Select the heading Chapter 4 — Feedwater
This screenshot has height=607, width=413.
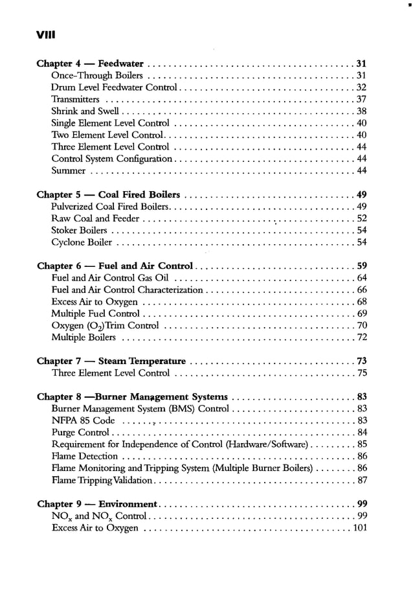(x=91, y=63)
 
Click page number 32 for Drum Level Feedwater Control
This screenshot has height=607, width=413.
(x=362, y=87)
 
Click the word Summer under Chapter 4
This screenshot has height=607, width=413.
(x=68, y=171)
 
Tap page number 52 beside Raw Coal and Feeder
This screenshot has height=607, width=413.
(x=362, y=219)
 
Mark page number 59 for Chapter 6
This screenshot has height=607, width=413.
(x=362, y=266)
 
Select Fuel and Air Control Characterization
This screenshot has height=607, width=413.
(x=127, y=290)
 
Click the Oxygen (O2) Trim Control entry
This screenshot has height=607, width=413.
(x=105, y=326)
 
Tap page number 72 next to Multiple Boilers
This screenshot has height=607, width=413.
(x=362, y=338)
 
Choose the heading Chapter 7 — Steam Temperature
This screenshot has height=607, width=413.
(x=111, y=361)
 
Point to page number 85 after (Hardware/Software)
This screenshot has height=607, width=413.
(x=362, y=444)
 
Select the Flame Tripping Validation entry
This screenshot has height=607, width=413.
(x=102, y=480)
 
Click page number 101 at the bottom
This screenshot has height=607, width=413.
(x=359, y=528)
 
